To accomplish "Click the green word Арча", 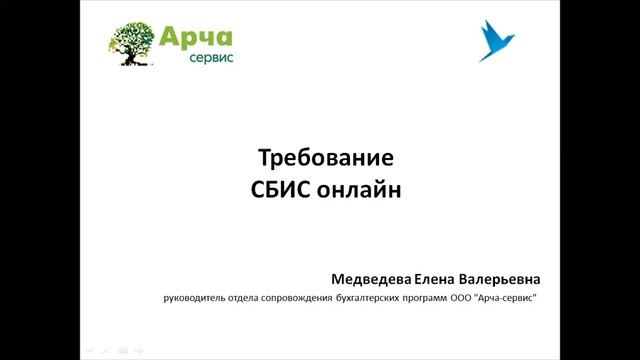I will [195, 37].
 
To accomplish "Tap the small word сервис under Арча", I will [210, 59].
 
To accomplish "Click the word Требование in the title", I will [320, 159].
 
